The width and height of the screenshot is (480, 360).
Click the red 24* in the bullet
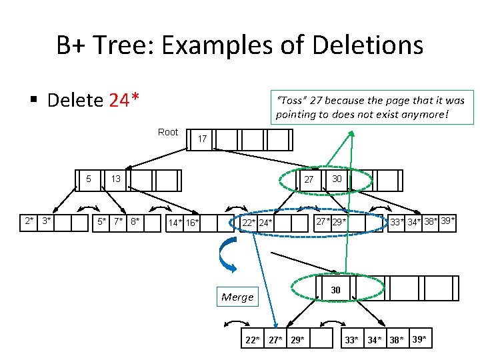pyautogui.click(x=124, y=101)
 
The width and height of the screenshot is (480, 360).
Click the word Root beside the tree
pyautogui.click(x=168, y=132)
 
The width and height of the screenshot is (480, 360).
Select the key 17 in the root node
pyautogui.click(x=202, y=139)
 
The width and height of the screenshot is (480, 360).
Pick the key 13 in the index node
pyautogui.click(x=115, y=179)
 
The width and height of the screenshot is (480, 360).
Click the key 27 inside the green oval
pyautogui.click(x=309, y=180)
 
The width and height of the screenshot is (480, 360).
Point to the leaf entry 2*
pyautogui.click(x=29, y=221)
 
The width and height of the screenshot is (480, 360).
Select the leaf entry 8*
pyautogui.click(x=135, y=221)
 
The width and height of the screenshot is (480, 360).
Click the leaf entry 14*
pyautogui.click(x=176, y=223)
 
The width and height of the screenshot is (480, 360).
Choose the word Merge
pyautogui.click(x=238, y=297)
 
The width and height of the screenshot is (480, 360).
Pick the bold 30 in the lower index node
pyautogui.click(x=336, y=290)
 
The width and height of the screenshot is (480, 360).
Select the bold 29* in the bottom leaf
pyautogui.click(x=297, y=340)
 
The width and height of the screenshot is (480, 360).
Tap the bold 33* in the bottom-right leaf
pyautogui.click(x=351, y=340)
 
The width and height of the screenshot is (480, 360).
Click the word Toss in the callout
pyautogui.click(x=292, y=101)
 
